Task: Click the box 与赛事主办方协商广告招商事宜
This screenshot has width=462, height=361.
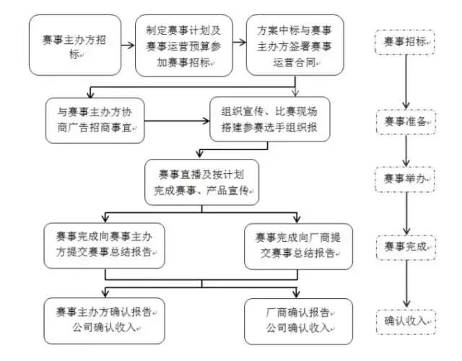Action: click(95, 120)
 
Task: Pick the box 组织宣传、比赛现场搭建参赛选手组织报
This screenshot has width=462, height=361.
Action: click(269, 119)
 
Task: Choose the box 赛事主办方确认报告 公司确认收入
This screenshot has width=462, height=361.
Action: click(105, 319)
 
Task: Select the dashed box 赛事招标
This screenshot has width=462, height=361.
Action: click(405, 44)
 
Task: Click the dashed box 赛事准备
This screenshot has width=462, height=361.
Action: click(405, 120)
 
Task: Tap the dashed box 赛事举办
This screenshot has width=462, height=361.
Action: click(405, 178)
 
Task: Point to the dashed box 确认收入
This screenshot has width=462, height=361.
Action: click(405, 321)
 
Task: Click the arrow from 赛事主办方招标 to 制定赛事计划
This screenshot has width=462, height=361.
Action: click(127, 45)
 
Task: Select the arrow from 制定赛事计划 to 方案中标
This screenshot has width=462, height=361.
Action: click(239, 45)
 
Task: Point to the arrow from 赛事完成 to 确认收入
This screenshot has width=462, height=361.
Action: click(405, 284)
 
